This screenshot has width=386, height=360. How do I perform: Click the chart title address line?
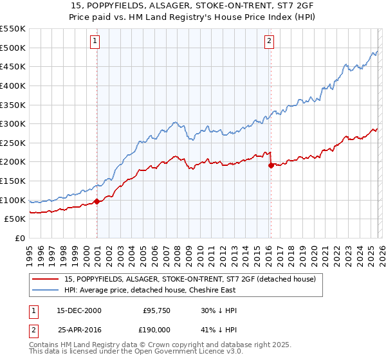coord(193,5)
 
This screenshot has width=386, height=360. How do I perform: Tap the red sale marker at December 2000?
coord(96,201)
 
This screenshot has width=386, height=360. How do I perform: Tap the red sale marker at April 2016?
coord(270,165)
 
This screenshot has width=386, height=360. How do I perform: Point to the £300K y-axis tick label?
coord(13,123)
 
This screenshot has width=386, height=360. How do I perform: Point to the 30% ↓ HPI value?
coord(219,310)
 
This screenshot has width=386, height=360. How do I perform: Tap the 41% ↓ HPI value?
coord(219,330)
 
